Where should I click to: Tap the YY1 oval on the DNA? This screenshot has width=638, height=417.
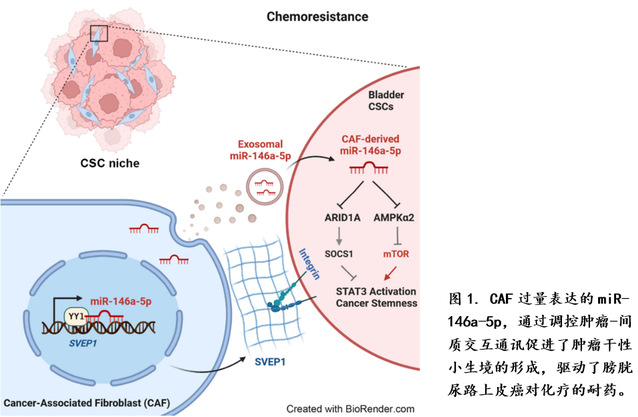click(x=76, y=316)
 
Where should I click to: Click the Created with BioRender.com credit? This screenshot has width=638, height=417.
click(x=351, y=407)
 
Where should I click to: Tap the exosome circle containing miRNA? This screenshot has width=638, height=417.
click(x=267, y=184)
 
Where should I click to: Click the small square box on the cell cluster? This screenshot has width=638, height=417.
click(x=97, y=33)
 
